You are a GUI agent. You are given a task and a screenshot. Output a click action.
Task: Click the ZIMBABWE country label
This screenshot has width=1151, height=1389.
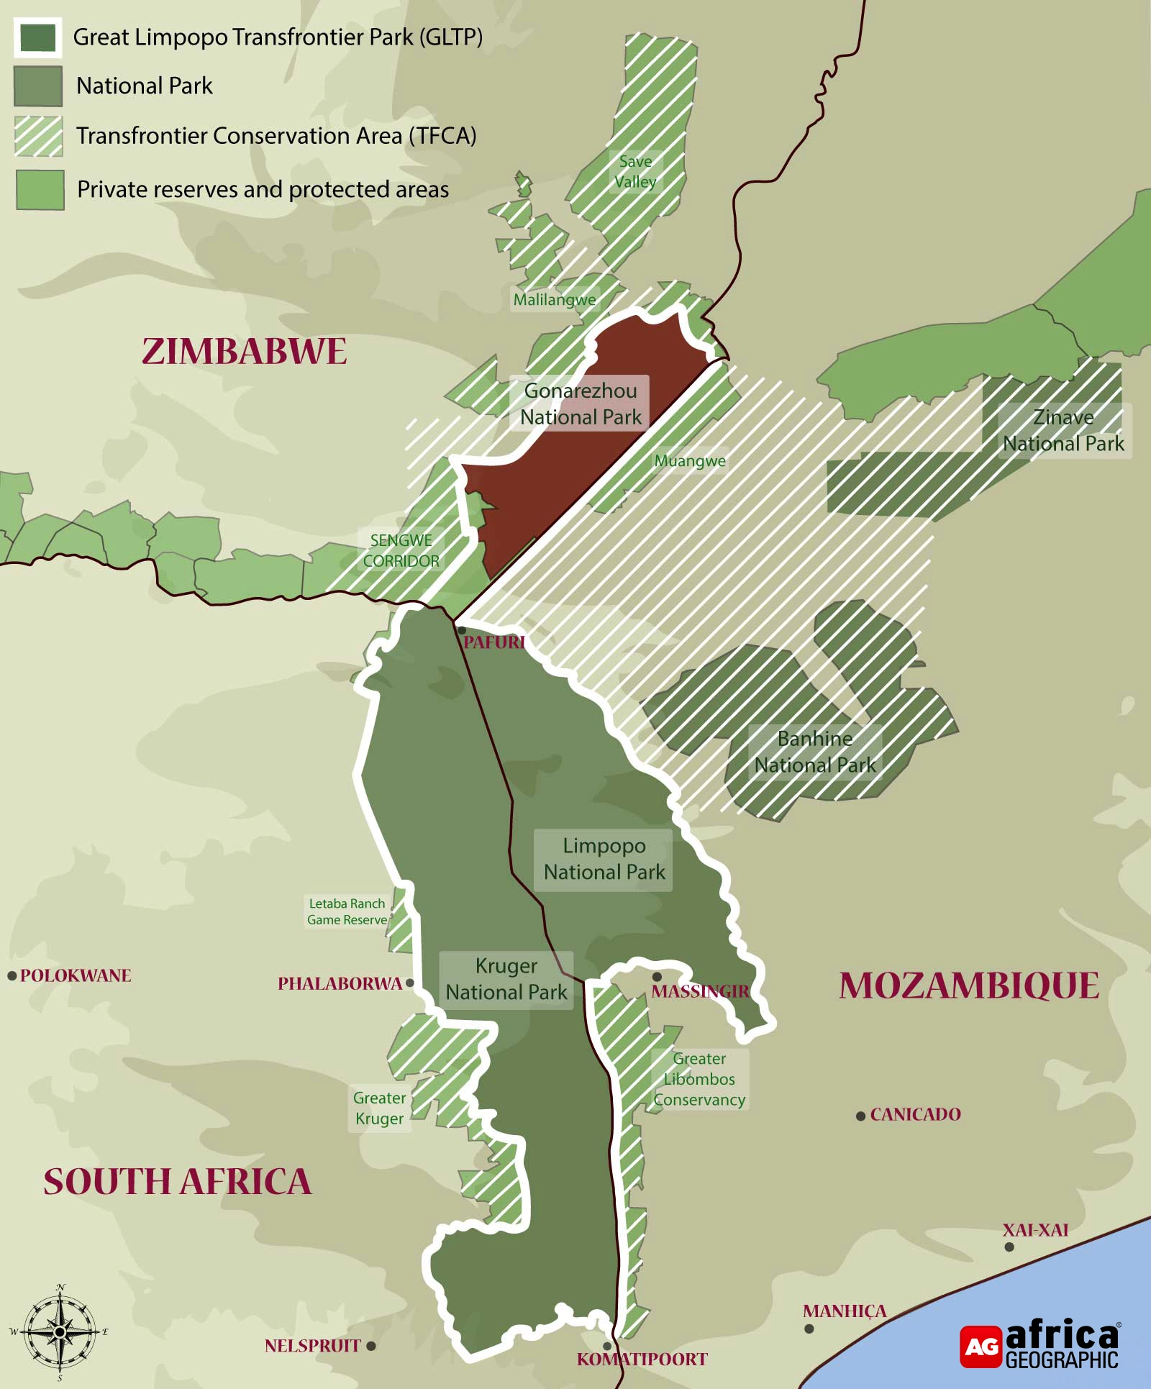point(245,352)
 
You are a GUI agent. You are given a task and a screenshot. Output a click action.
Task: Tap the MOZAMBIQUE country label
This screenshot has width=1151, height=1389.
point(969,986)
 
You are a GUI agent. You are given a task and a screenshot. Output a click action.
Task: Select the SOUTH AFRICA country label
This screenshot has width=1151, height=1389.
point(178,1182)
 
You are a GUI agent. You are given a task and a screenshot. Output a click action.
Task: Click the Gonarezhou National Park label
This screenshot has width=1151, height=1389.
point(580,404)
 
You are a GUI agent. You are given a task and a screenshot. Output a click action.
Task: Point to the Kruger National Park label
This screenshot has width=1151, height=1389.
point(506,979)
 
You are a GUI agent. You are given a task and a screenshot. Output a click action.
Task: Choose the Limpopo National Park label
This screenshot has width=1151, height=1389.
point(604,859)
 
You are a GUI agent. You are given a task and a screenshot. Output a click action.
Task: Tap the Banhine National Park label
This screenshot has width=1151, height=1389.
point(814,752)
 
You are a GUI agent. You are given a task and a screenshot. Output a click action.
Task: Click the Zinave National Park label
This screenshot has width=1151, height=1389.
point(1063,430)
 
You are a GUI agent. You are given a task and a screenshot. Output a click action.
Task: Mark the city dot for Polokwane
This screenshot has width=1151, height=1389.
point(12,976)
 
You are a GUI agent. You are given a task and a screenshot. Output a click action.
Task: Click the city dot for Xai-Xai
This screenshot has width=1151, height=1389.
point(1009,1247)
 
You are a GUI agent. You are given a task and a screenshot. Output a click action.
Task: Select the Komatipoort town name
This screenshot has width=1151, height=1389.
point(642,1359)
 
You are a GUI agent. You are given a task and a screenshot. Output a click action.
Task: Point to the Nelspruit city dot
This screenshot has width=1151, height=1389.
point(371,1345)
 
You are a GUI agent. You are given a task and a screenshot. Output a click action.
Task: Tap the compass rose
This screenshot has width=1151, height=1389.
point(60,1332)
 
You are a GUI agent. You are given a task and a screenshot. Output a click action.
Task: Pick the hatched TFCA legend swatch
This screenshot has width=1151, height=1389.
point(38,136)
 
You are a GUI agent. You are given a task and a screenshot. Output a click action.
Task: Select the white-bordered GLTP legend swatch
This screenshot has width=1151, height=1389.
point(38,37)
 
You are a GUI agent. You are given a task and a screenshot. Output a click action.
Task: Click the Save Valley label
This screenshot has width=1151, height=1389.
point(635,171)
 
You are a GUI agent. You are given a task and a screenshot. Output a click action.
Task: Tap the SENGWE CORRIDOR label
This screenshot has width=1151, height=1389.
point(401,550)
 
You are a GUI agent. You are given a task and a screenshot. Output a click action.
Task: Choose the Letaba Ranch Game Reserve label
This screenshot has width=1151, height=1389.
point(347,911)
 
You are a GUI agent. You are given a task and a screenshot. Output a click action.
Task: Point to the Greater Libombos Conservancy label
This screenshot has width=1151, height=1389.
point(699,1079)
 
